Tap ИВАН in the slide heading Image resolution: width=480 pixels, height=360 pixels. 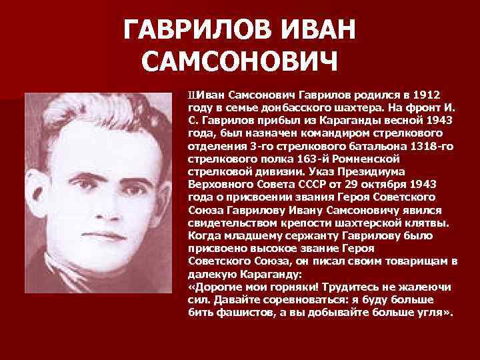tap(314, 29)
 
